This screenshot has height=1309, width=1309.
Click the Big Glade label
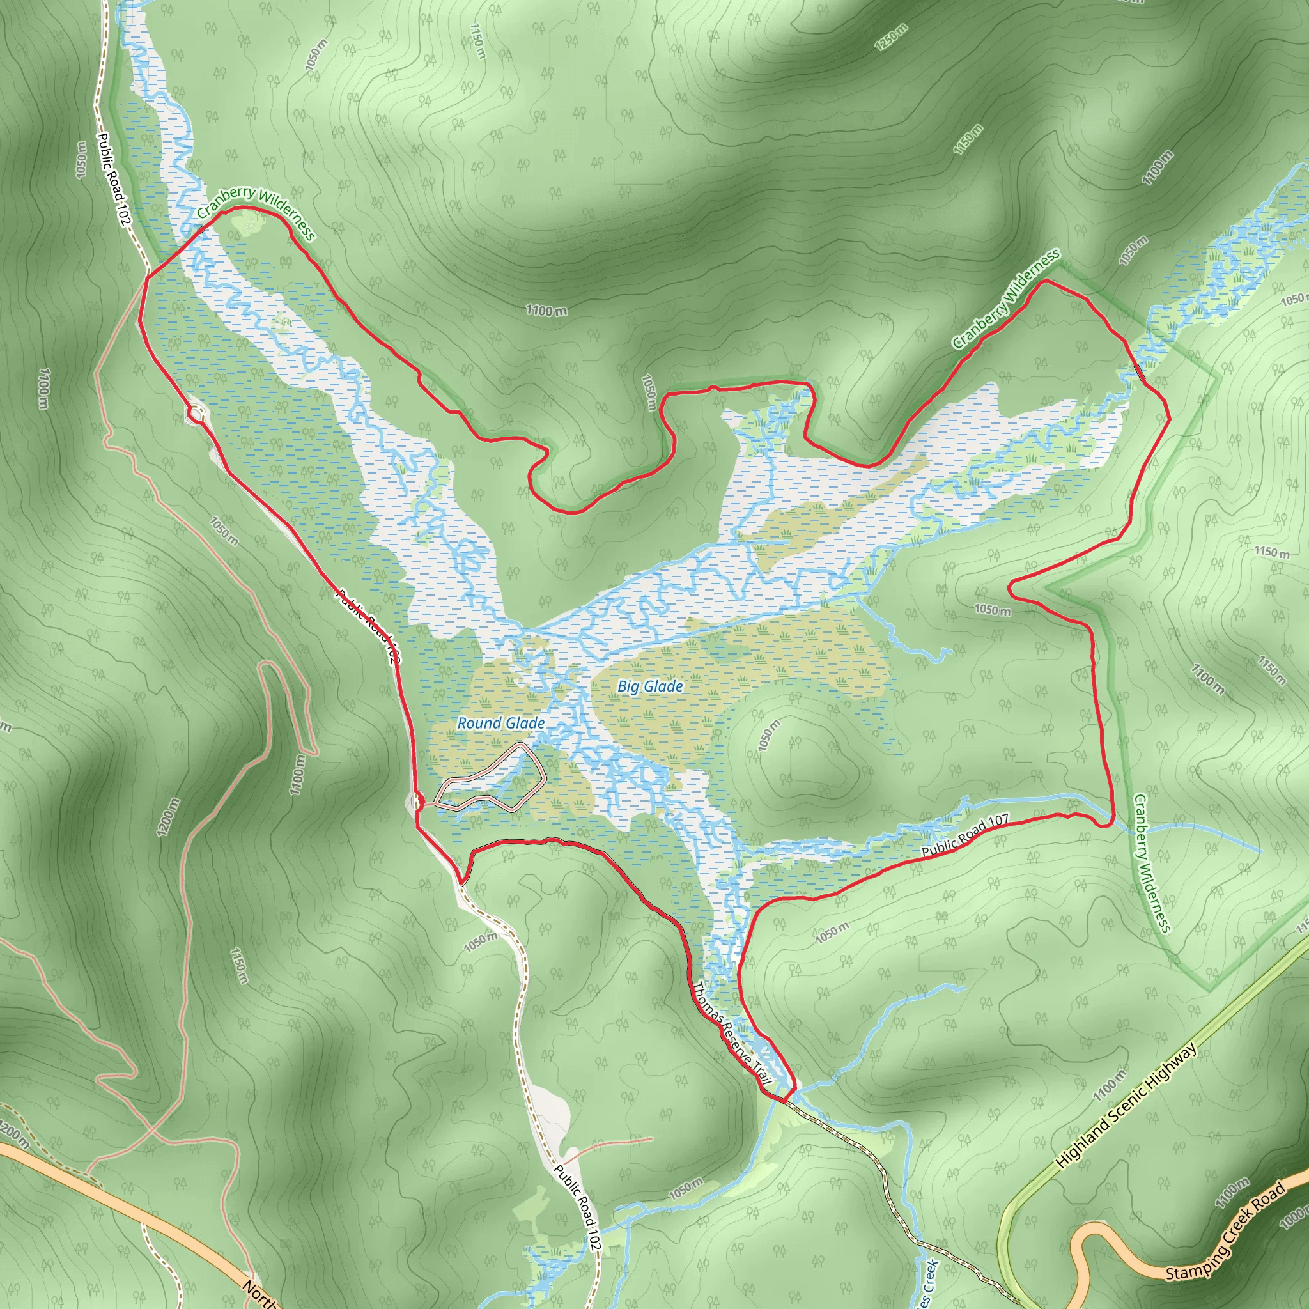650,686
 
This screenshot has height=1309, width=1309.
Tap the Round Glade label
500,723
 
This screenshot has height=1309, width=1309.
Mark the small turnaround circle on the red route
196,414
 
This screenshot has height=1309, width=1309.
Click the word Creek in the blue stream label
929,1277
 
